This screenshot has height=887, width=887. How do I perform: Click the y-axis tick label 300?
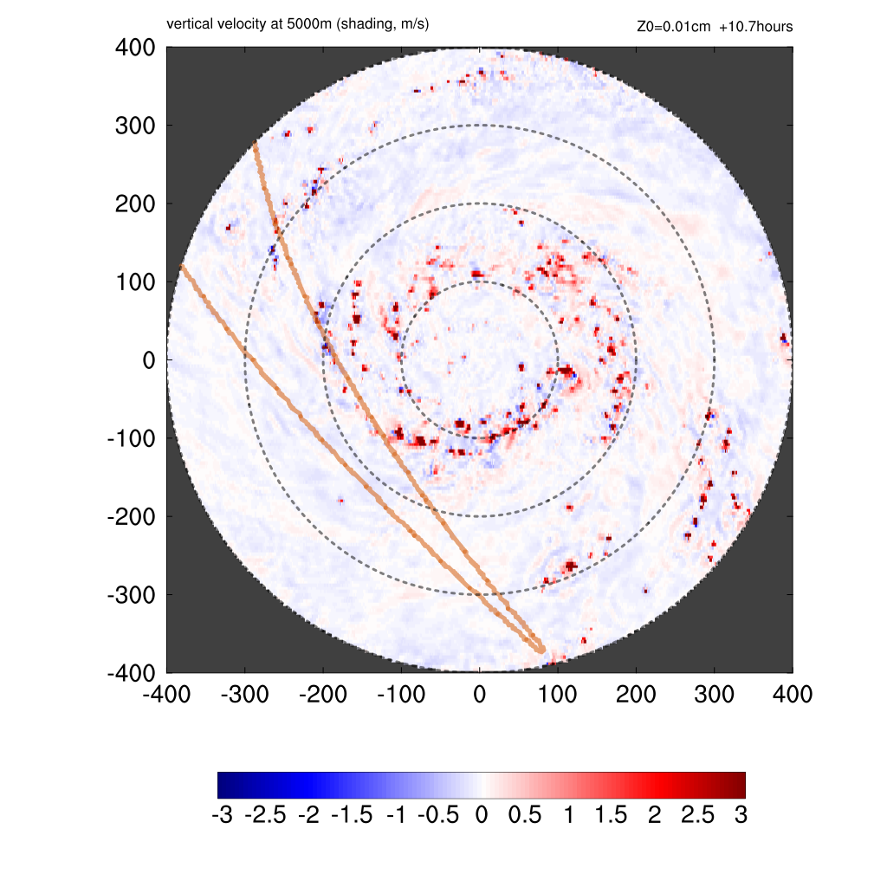pos(135,126)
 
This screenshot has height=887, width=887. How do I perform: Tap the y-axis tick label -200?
pos(131,517)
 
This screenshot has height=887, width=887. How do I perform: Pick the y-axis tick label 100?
pos(135,282)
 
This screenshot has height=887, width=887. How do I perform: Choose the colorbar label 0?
pos(482,816)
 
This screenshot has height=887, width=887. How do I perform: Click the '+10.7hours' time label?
pos(755,27)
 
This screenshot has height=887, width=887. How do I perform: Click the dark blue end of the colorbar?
pos(223,785)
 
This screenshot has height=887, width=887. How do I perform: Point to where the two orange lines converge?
pos(541,649)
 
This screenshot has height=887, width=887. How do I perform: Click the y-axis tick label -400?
pos(131,673)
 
